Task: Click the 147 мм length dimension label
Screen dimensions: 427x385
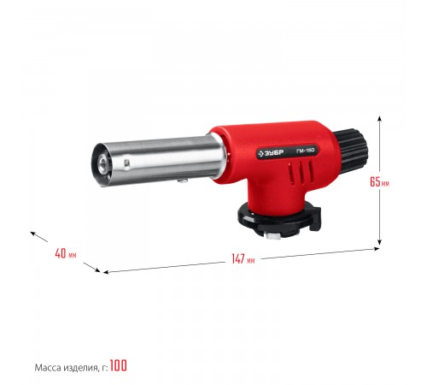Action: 243,259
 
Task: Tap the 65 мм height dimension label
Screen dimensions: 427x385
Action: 379,181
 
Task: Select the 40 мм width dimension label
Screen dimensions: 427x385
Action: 66,253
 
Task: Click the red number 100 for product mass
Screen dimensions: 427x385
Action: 118,365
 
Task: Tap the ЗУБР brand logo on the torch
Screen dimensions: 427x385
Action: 271,153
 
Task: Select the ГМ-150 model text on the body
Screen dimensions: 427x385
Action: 305,151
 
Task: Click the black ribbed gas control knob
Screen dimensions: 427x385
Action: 352,151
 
